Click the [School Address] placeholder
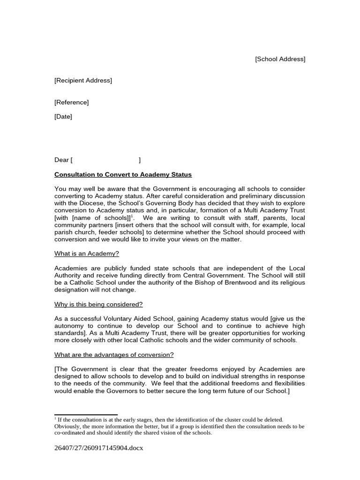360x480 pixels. point(280,59)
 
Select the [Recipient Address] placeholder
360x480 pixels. point(83,81)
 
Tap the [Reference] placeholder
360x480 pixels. point(71,102)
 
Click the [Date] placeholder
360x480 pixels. point(63,117)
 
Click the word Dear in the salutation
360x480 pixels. point(61,160)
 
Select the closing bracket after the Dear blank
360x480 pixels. point(140,160)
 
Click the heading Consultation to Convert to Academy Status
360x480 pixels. point(123,175)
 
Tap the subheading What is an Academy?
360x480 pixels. point(87,254)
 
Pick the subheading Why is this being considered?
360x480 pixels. point(98,304)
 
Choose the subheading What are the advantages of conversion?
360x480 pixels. point(114,355)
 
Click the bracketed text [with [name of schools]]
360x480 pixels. point(92,218)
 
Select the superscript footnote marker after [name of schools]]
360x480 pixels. point(132,216)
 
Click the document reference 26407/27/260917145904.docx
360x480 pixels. point(98,448)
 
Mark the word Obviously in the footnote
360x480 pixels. point(67,427)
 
